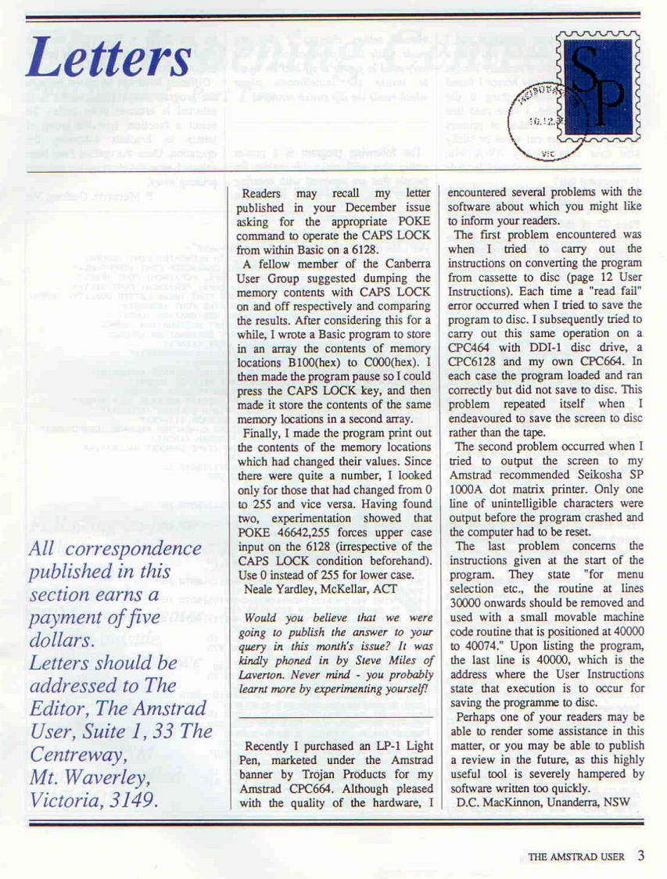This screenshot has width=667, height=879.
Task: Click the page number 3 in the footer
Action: point(640,855)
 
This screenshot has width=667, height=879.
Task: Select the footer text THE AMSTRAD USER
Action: point(576,856)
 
